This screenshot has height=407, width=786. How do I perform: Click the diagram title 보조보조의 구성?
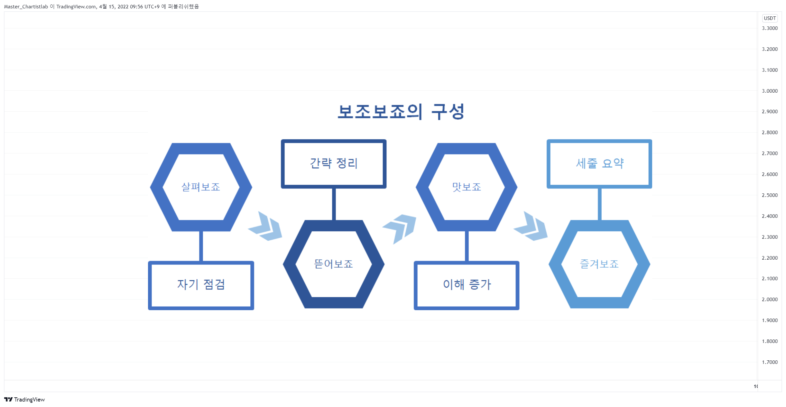[x=401, y=112]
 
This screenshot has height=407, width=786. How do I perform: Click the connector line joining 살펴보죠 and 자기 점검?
[x=201, y=246]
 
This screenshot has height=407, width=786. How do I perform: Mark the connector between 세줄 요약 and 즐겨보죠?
[x=600, y=204]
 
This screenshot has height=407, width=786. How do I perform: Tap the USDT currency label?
[x=770, y=18]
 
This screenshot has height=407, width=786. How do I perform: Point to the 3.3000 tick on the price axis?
[x=770, y=28]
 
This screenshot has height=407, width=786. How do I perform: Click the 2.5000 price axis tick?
[x=770, y=195]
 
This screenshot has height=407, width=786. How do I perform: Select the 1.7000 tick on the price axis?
[x=770, y=362]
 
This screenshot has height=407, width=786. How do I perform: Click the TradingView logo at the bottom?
[x=24, y=400]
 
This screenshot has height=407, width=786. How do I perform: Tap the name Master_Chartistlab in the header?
[x=26, y=7]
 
